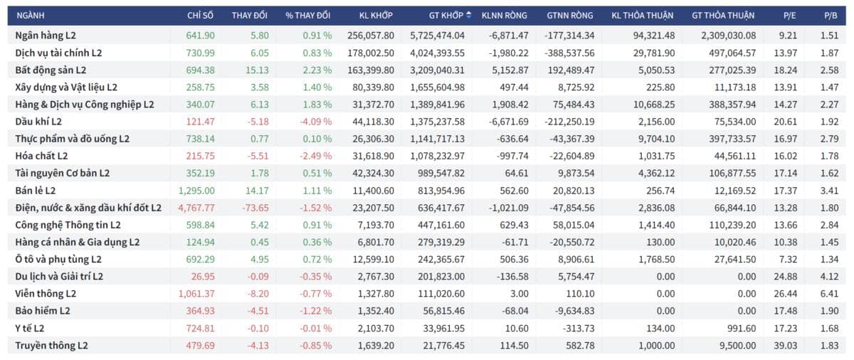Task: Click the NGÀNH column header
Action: [30, 15]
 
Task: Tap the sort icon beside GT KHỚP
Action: [469, 15]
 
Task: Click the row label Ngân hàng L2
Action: [47, 35]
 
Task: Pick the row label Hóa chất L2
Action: [42, 156]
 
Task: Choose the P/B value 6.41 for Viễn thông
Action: [831, 294]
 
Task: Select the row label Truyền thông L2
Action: [51, 345]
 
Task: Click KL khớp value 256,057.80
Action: [371, 35]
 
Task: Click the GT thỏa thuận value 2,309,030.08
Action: [728, 35]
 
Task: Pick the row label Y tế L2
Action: [30, 328]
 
